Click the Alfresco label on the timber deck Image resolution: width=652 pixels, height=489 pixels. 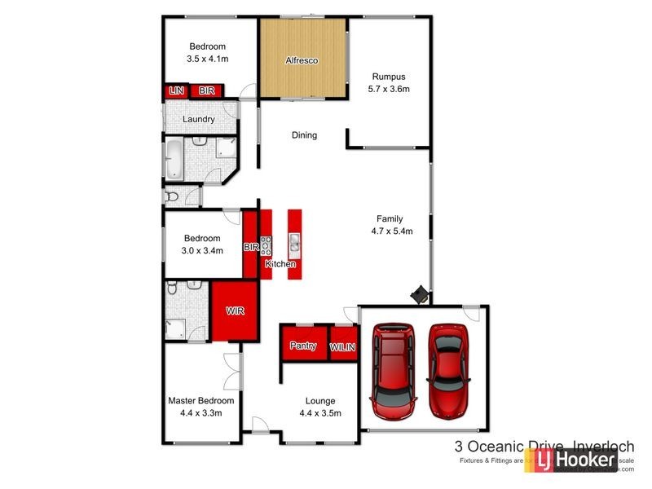pyautogui.click(x=302, y=61)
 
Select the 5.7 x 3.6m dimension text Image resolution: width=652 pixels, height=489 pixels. pyautogui.click(x=389, y=88)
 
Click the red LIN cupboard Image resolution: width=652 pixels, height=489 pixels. pyautogui.click(x=175, y=91)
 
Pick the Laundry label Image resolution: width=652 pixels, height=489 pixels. pyautogui.click(x=199, y=119)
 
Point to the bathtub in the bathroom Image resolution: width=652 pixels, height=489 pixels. pyautogui.click(x=174, y=158)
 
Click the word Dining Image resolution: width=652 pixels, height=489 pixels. pyautogui.click(x=304, y=135)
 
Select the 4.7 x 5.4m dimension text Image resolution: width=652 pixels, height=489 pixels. pyautogui.click(x=391, y=231)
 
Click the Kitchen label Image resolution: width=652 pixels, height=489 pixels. pyautogui.click(x=280, y=264)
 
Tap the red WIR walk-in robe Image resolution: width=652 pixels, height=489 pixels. pyautogui.click(x=235, y=311)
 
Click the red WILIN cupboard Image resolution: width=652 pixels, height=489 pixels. pyautogui.click(x=342, y=347)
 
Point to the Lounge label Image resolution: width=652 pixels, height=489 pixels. pyautogui.click(x=319, y=400)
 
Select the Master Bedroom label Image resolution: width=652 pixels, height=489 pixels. pyautogui.click(x=201, y=400)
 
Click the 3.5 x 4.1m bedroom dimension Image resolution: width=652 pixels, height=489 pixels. pyautogui.click(x=207, y=59)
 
